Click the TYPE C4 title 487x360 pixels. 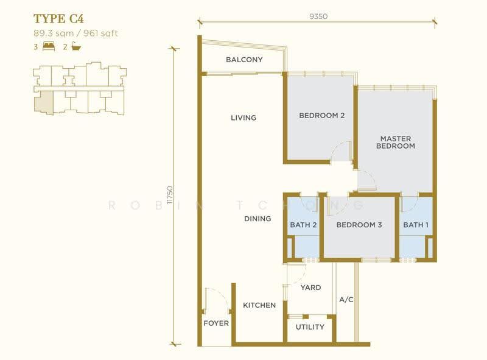pos(58,19)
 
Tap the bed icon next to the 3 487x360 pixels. pos(49,46)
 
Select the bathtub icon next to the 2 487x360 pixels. pos(76,46)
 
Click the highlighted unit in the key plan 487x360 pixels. pos(43,102)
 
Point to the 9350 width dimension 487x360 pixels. pos(318,16)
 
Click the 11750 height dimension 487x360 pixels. pos(170,195)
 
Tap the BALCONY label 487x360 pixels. pos(244,59)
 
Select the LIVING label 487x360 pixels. pos(243,118)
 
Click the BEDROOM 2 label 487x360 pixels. pos(322,115)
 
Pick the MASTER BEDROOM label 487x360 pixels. pos(395,142)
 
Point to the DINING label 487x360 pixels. pos(258,219)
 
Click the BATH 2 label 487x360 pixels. pos(303,225)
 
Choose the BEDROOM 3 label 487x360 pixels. pos(359,225)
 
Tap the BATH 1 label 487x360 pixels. pos(416,225)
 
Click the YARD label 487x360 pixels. pos(310,288)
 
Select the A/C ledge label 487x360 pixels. pos(346,300)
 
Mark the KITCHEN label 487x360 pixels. pos(259,305)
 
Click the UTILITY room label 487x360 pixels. pos(310,327)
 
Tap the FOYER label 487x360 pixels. pos(216,323)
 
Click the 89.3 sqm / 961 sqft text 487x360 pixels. pos(75,34)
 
